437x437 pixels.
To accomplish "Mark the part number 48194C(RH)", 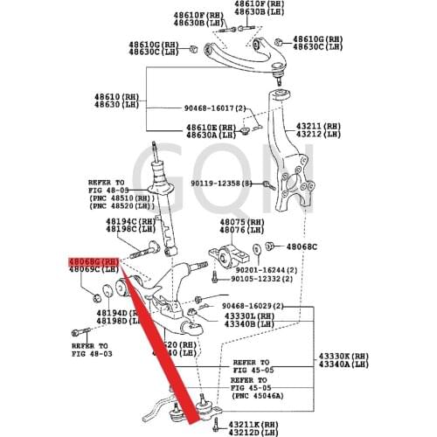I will (x=130, y=222).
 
